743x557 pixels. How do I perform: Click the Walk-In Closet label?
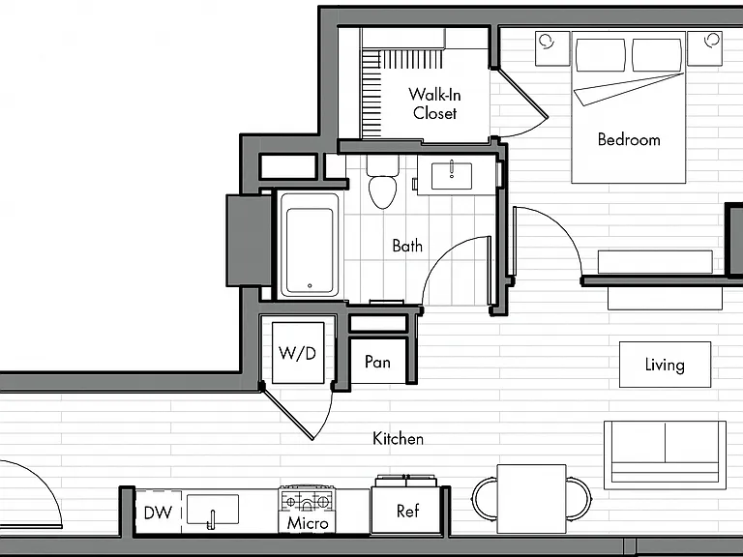point(434,103)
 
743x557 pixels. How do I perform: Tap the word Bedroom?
point(629,139)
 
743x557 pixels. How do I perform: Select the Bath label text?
point(407,246)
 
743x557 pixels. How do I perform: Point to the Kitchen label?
point(398,439)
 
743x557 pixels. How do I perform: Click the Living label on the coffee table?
point(665,365)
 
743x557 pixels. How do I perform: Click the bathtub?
point(310,245)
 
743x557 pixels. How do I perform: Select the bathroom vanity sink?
point(452,176)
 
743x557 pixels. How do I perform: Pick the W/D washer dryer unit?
point(298,353)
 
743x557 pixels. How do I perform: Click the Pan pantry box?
point(377,362)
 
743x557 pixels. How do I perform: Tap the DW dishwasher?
point(158,512)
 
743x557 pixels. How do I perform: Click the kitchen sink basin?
point(213,510)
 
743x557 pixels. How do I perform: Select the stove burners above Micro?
point(307,500)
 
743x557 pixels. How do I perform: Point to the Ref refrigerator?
point(407,511)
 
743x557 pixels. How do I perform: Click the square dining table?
point(532,499)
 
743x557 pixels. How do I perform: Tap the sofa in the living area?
point(665,454)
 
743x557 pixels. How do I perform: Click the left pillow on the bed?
point(601,55)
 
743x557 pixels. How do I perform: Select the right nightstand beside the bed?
point(704,48)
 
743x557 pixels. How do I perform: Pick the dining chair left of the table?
point(484,498)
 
